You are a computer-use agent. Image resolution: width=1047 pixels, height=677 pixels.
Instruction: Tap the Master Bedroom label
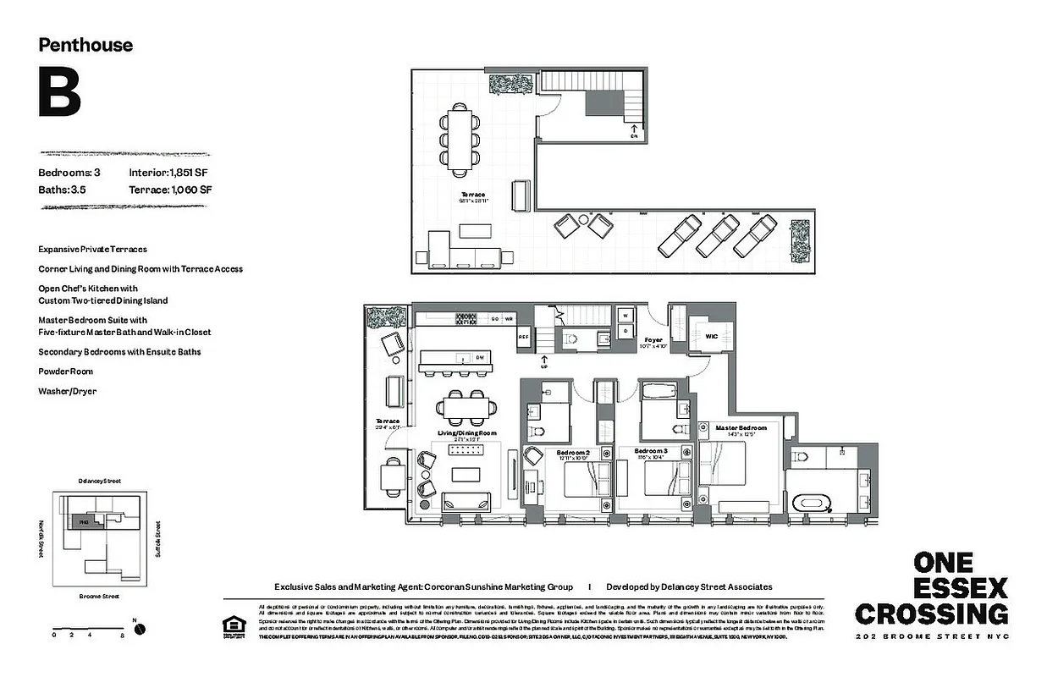(741, 428)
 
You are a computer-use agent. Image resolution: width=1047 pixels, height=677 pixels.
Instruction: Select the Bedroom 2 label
(571, 453)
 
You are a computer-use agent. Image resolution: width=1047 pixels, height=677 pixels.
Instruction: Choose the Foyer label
(653, 340)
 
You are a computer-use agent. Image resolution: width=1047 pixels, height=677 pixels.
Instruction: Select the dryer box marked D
(625, 331)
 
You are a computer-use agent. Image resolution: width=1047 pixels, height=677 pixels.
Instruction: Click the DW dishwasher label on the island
(479, 358)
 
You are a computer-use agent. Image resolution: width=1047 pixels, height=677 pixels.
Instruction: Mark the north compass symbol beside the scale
(139, 629)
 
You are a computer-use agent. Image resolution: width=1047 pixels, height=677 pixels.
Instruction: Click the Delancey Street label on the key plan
(99, 481)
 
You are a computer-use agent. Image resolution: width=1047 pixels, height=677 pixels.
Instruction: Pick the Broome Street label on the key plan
(98, 596)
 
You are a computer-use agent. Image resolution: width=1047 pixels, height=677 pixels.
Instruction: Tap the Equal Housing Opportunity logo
(230, 626)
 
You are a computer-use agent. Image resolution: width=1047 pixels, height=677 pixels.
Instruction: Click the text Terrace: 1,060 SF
(170, 190)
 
